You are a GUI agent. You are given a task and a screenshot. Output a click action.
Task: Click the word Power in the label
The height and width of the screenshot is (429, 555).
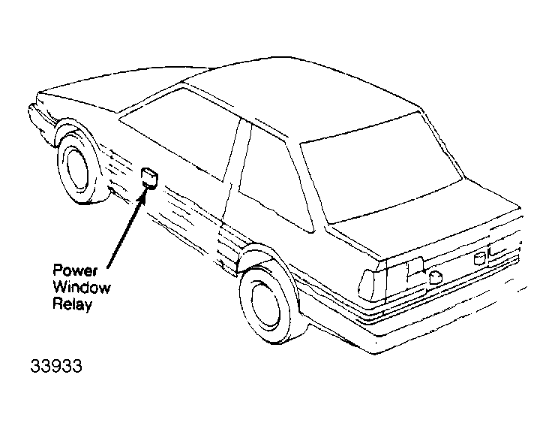point(75,270)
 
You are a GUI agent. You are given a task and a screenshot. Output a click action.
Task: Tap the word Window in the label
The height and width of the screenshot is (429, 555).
point(82,287)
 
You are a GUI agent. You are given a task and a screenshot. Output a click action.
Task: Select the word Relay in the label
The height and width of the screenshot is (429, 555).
point(73,304)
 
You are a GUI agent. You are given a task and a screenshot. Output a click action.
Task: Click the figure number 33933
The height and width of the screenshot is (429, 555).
point(56,366)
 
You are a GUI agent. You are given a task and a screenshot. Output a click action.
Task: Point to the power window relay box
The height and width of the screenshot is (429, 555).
point(149,178)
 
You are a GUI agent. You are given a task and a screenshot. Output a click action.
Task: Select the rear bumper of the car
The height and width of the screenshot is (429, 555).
point(439,312)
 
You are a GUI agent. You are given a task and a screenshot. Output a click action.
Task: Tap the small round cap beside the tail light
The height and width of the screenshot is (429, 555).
point(435,277)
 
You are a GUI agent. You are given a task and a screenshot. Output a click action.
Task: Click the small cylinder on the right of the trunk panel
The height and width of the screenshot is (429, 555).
point(479,258)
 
